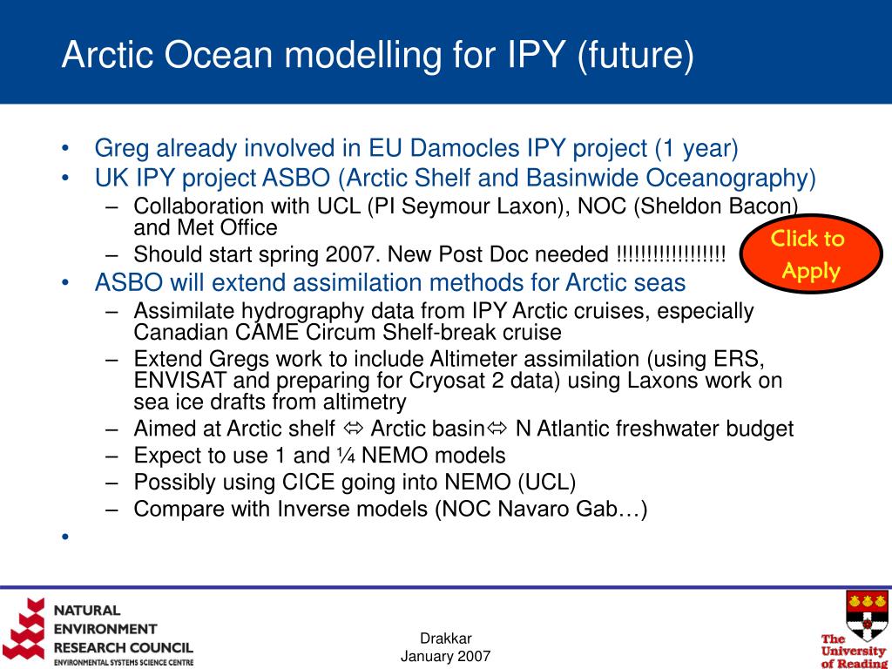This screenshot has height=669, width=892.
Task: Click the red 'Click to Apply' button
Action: point(811,253)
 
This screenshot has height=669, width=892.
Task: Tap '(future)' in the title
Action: point(635,56)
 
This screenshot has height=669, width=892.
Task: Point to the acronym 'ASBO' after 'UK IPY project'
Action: point(296,178)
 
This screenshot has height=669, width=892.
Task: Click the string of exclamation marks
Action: point(672,253)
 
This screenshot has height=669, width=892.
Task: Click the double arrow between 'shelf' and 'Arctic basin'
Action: point(353,429)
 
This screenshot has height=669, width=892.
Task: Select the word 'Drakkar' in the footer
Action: point(445,639)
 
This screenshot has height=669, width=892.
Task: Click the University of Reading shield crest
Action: point(867,616)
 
